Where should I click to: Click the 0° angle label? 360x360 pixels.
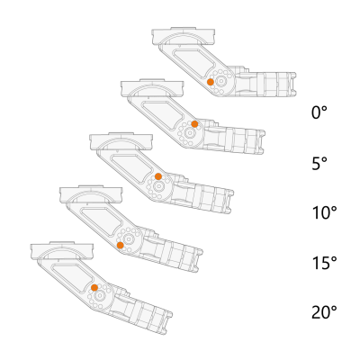click(x=319, y=112)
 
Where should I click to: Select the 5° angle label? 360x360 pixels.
click(x=319, y=164)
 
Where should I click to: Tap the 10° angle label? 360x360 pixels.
click(x=324, y=213)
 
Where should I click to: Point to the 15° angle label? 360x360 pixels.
click(x=324, y=263)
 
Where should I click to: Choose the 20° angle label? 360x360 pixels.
click(x=324, y=312)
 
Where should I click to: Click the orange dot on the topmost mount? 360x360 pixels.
click(x=211, y=82)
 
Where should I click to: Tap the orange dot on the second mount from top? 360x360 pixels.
click(x=194, y=124)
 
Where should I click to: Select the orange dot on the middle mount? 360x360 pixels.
click(x=158, y=176)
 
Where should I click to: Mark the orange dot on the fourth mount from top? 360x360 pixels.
click(x=121, y=246)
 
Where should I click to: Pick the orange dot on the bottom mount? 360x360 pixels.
click(x=94, y=288)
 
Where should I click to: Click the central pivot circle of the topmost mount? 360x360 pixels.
click(x=221, y=81)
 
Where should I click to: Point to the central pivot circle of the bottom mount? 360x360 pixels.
click(x=99, y=296)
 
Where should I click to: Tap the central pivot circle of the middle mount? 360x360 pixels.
click(x=157, y=186)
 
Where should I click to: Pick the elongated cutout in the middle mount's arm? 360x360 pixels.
click(x=132, y=167)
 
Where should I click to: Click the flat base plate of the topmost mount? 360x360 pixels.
click(x=184, y=37)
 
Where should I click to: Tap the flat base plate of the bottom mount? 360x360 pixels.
click(x=62, y=251)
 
